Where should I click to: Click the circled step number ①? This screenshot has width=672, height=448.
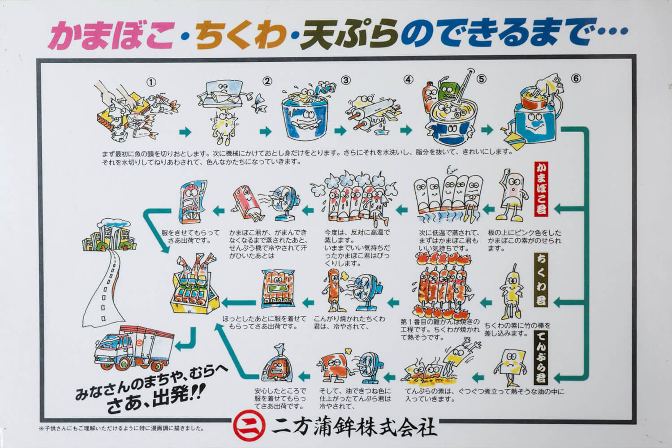(152, 82)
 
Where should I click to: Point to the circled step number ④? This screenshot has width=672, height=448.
(408, 80)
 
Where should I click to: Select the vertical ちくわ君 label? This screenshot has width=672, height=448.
(541, 280)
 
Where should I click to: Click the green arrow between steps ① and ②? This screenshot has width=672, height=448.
(185, 132)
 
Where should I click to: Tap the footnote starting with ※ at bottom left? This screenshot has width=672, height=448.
(121, 428)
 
